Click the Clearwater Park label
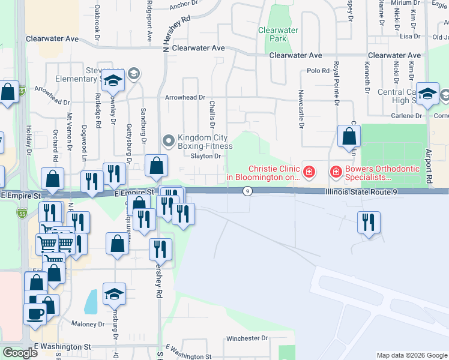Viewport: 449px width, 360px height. pyautogui.click(x=278, y=34)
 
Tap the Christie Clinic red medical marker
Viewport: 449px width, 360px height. pyautogui.click(x=309, y=173)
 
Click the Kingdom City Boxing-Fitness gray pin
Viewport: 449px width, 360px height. pyautogui.click(x=169, y=141)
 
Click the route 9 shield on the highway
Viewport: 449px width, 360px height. pyautogui.click(x=247, y=191)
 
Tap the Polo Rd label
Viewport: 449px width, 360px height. pyautogui.click(x=318, y=71)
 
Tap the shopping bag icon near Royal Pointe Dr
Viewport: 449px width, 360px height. pyautogui.click(x=349, y=136)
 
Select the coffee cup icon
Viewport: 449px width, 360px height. pyautogui.click(x=34, y=314)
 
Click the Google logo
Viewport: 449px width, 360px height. pyautogui.click(x=20, y=353)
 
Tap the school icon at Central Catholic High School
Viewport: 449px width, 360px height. pyautogui.click(x=427, y=94)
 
